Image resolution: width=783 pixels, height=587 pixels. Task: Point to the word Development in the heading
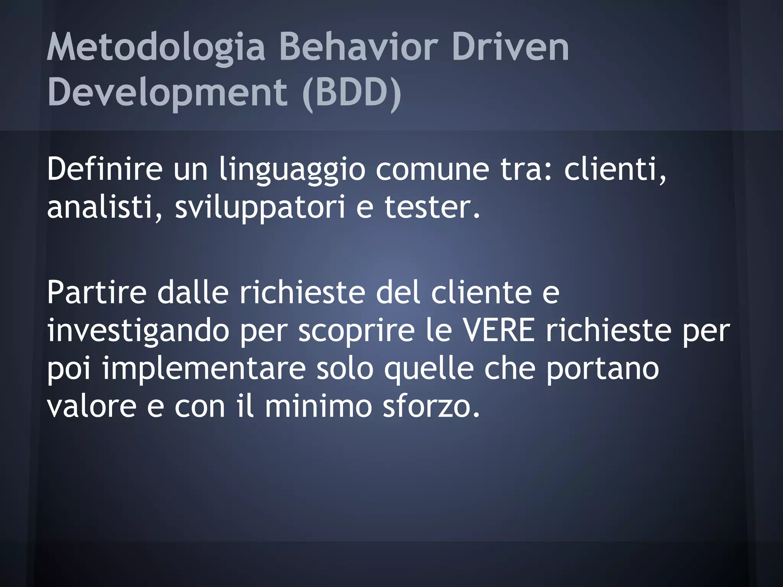point(167,93)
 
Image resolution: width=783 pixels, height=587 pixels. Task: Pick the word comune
point(432,169)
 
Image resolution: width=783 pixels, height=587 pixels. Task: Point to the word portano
point(602,369)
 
